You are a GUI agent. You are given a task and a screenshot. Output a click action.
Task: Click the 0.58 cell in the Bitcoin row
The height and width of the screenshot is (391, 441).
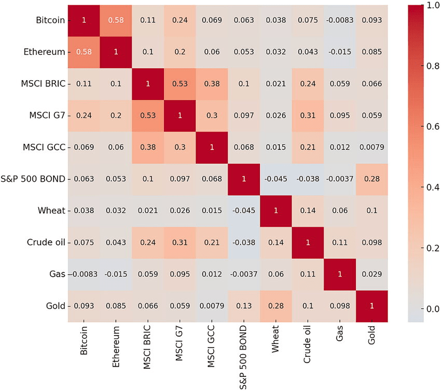point(116,20)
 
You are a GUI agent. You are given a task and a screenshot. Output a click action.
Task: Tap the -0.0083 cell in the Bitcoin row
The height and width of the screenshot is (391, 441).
point(339,20)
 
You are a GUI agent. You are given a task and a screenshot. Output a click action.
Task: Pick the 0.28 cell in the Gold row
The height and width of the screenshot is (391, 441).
point(275,306)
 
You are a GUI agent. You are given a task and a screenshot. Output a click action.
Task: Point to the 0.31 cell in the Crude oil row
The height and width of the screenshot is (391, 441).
point(180,242)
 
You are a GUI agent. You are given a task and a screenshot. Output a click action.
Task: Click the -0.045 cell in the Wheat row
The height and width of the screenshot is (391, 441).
point(243,211)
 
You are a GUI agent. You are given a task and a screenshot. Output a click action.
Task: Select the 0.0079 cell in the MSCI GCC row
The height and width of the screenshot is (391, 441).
point(371,147)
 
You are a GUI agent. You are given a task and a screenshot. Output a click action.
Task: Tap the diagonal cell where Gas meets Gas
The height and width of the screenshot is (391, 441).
point(339,274)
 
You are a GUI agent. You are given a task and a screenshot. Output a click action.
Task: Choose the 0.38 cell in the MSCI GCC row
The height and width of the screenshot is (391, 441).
point(148,147)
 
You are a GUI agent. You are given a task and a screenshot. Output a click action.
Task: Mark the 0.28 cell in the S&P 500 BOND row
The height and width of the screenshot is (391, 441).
point(371,179)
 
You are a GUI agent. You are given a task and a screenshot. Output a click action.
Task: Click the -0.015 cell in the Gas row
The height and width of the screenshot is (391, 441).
point(116,274)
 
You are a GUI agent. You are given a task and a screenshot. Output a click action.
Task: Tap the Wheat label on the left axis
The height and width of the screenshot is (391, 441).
point(52,211)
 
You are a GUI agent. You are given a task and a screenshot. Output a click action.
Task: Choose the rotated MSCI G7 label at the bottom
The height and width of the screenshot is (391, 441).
point(180,342)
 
